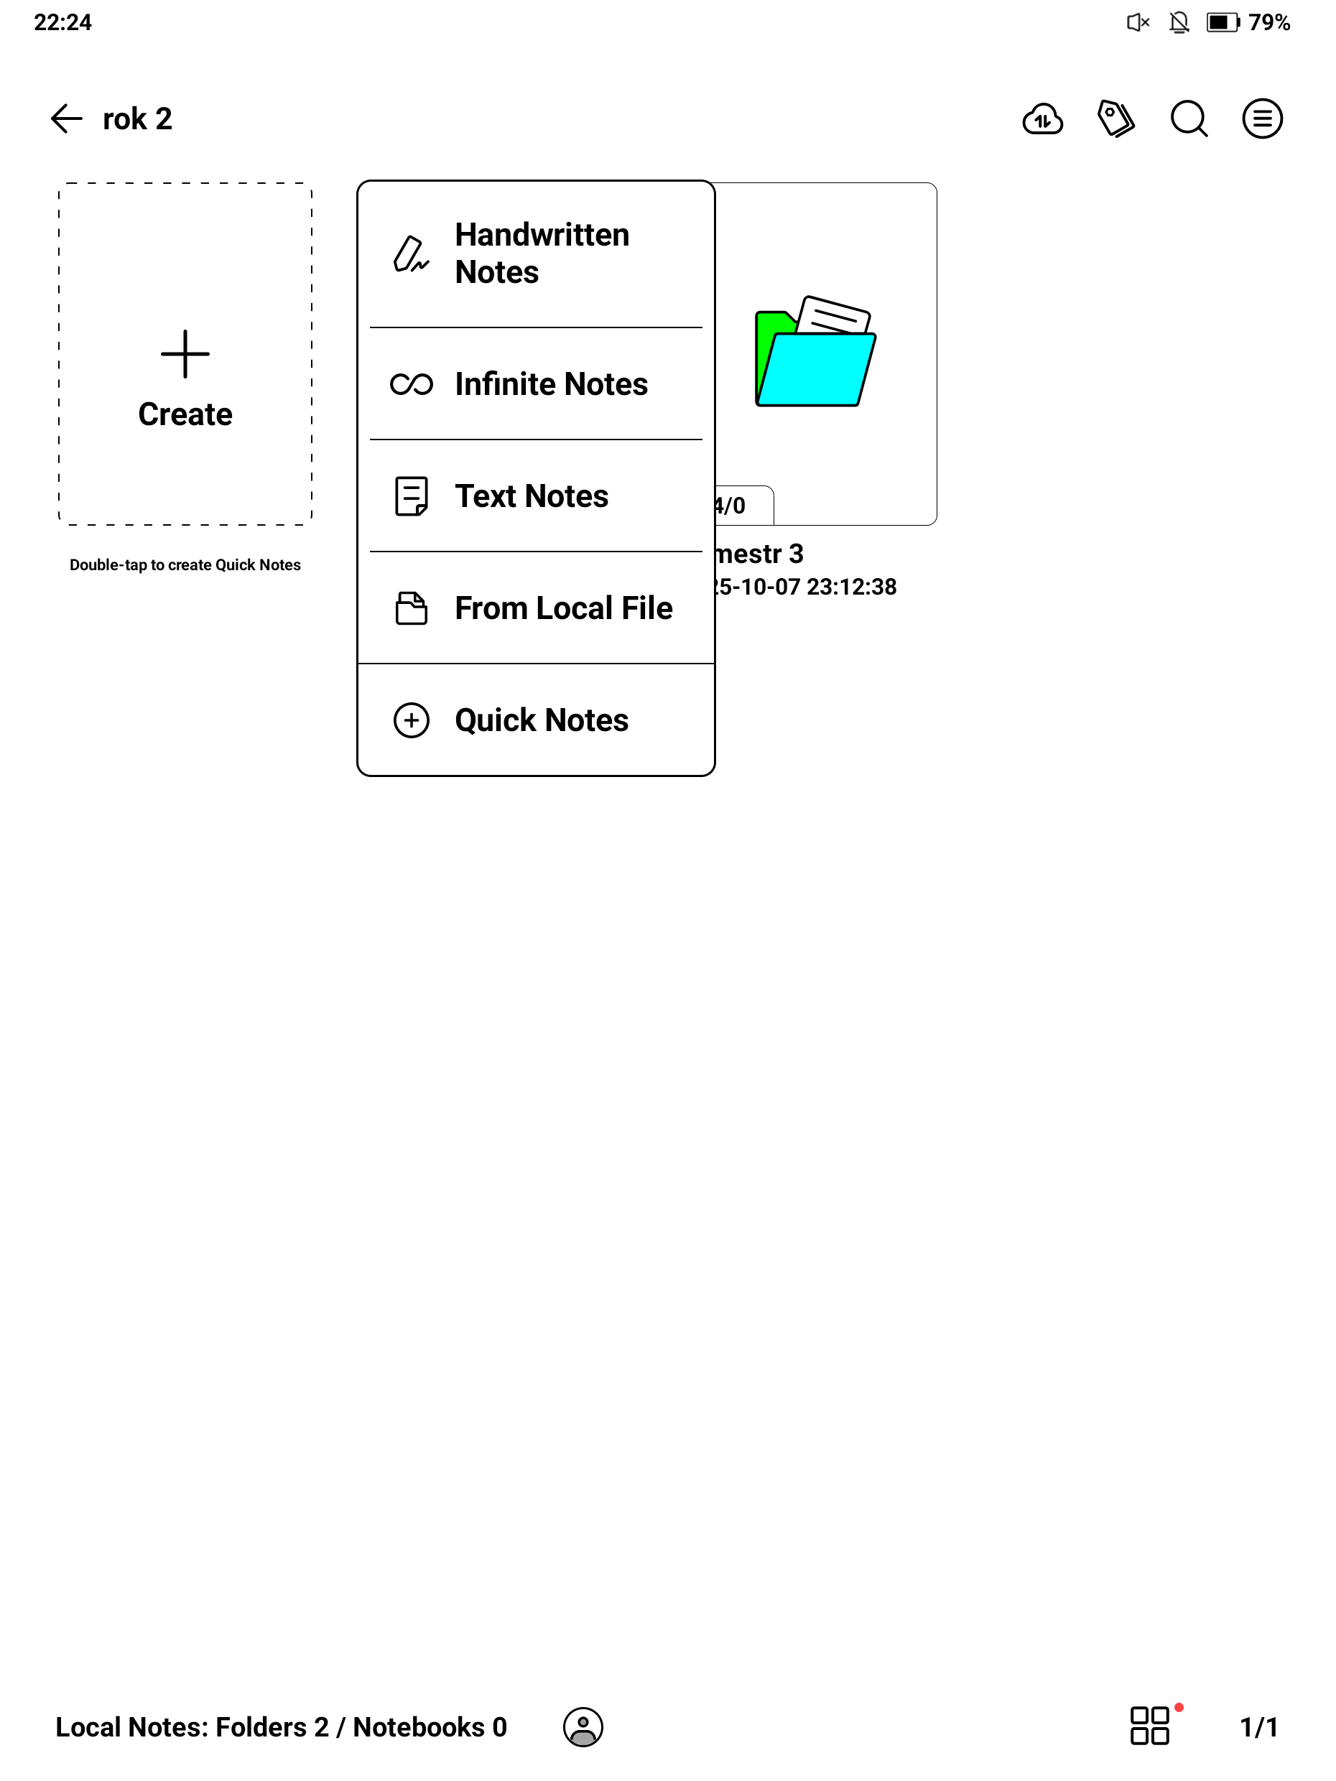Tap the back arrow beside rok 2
tap(66, 118)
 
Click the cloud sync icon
tap(1042, 120)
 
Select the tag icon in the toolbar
tap(1115, 119)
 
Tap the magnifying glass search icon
tap(1189, 119)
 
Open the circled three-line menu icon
tap(1261, 119)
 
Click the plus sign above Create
tap(185, 353)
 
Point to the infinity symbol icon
tap(411, 385)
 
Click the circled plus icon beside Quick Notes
tap(411, 720)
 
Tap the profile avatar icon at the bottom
tap(583, 1727)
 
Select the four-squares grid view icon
tap(1149, 1726)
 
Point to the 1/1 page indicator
tap(1258, 1727)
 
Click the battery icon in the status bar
tap(1223, 22)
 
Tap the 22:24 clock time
tap(62, 22)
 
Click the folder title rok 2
tap(138, 119)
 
